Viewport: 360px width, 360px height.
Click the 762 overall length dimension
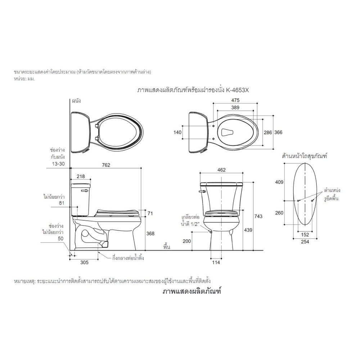pos(106,165)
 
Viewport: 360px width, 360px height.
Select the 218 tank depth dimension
pos(81,176)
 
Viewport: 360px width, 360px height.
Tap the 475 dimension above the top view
pos(235,100)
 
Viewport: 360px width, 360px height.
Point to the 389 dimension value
pos(235,107)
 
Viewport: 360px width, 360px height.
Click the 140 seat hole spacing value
pos(177,132)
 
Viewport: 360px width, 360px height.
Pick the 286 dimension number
pos(268,132)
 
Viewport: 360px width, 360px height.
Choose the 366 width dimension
pos(278,132)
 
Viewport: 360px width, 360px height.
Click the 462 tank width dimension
pos(221,170)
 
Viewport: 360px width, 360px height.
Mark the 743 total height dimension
pos(258,216)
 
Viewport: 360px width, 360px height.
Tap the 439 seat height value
pos(248,230)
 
